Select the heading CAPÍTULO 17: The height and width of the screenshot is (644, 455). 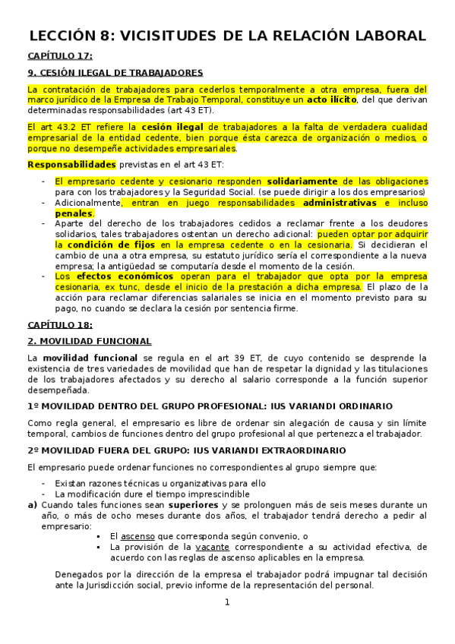pos(60,56)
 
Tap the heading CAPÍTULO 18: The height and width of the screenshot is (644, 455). pos(60,324)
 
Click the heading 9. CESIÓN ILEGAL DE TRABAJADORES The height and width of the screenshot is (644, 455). pos(115,73)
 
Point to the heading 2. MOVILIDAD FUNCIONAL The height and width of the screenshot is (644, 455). pos(90,341)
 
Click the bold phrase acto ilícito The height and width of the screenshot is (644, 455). pos(333,99)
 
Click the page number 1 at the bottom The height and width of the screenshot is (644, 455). pos(227,603)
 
